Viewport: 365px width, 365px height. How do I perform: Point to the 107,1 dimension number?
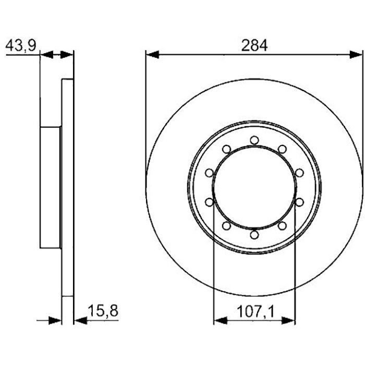[254, 311]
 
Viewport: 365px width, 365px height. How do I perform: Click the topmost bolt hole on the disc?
[254, 140]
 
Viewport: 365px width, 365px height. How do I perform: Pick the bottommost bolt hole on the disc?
[254, 235]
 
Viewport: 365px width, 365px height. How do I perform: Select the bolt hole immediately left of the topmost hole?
[226, 149]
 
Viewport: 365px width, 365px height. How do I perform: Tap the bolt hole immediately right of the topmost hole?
[282, 149]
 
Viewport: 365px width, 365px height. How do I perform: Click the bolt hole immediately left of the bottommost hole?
[226, 226]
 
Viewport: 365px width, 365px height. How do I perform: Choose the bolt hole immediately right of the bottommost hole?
[282, 226]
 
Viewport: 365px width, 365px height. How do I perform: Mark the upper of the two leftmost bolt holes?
[209, 173]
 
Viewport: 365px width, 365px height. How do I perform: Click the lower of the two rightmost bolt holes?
[299, 202]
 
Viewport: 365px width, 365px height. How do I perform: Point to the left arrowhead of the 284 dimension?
[152, 54]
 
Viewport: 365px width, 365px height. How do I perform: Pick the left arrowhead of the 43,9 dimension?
[46, 54]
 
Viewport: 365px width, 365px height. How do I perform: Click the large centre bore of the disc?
[254, 187]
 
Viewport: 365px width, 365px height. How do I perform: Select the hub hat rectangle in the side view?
[51, 188]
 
